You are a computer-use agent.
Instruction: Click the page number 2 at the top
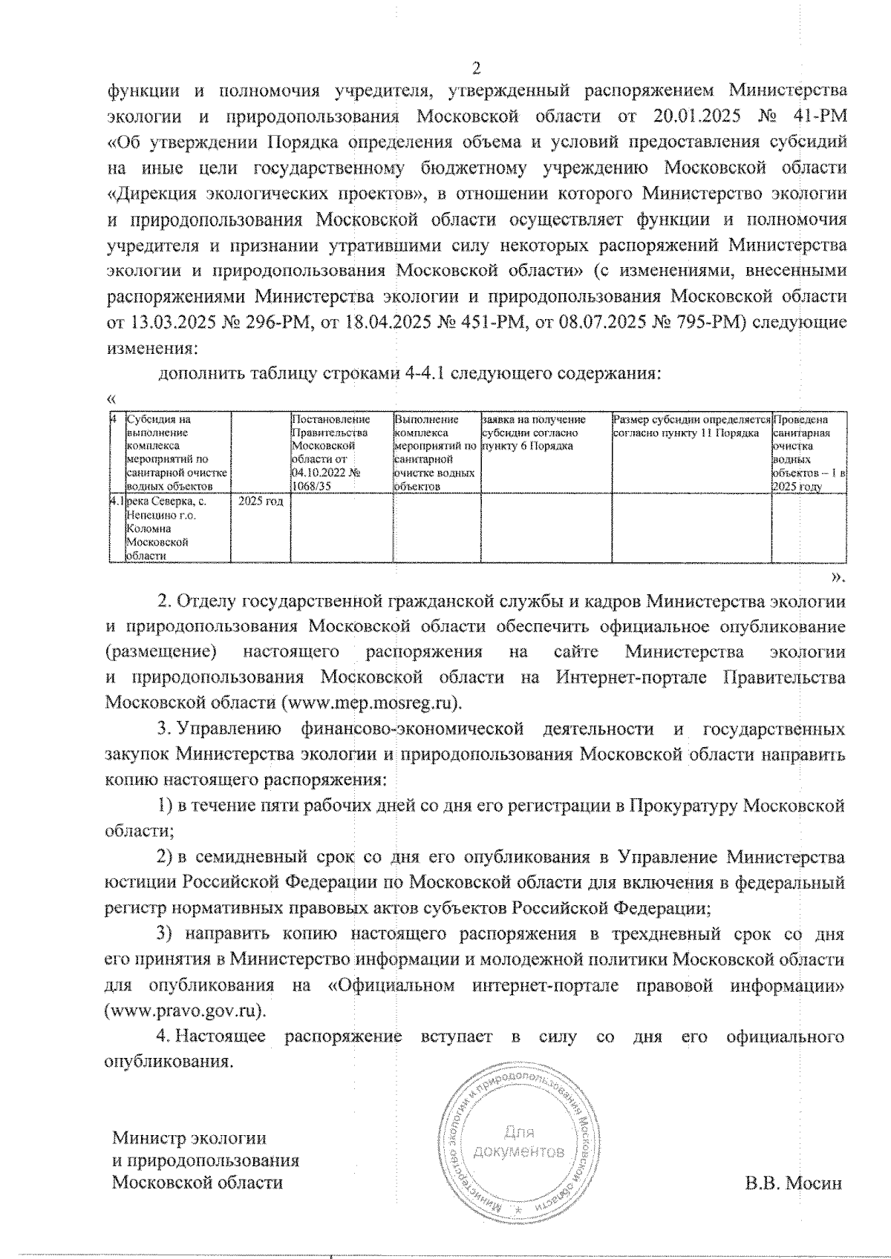click(x=476, y=69)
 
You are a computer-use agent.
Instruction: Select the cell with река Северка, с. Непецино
click(x=169, y=527)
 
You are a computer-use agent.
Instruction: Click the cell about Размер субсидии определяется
click(x=691, y=426)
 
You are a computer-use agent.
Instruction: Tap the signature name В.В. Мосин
click(x=794, y=1183)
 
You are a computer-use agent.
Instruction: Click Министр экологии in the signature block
click(x=189, y=1138)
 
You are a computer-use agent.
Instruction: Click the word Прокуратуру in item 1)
click(x=683, y=806)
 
